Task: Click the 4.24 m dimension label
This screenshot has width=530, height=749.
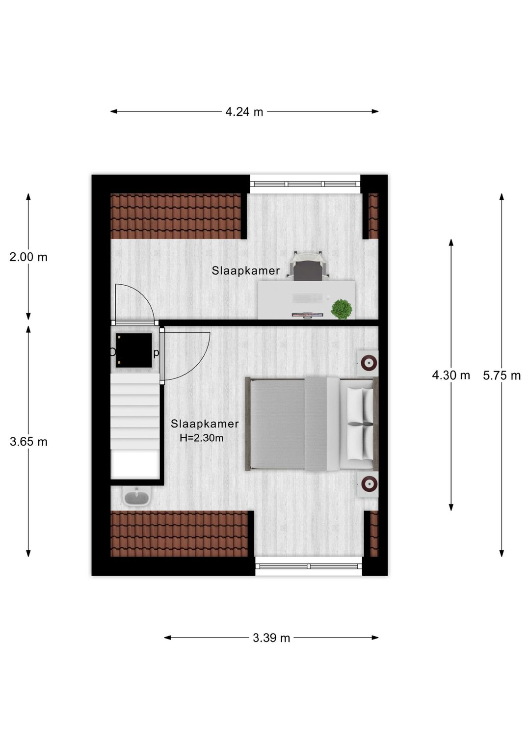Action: tap(244, 112)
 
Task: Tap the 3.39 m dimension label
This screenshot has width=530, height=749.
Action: tap(271, 638)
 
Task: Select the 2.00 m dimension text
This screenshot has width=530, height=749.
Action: tap(28, 257)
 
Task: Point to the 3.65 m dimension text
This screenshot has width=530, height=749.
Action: tap(28, 442)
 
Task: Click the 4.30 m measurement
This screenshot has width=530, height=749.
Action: tap(450, 375)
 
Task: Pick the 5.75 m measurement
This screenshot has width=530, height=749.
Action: tap(502, 376)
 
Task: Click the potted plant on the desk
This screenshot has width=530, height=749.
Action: tap(341, 309)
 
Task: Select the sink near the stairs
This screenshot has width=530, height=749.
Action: tap(136, 498)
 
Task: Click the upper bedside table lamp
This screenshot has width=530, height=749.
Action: tap(368, 363)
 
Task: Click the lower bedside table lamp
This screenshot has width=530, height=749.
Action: tap(368, 484)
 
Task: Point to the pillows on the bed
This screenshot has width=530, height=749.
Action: tap(360, 424)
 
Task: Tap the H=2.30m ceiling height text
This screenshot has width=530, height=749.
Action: tap(201, 438)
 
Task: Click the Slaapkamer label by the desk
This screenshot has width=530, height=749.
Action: tap(245, 270)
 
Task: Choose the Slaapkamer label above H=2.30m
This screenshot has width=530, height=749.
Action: tap(205, 424)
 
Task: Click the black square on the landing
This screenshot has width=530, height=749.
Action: tap(134, 350)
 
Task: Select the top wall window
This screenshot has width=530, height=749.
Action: tap(305, 184)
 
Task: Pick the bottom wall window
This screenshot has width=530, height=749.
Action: tap(309, 566)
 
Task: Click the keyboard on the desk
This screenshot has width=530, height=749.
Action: tap(307, 298)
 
